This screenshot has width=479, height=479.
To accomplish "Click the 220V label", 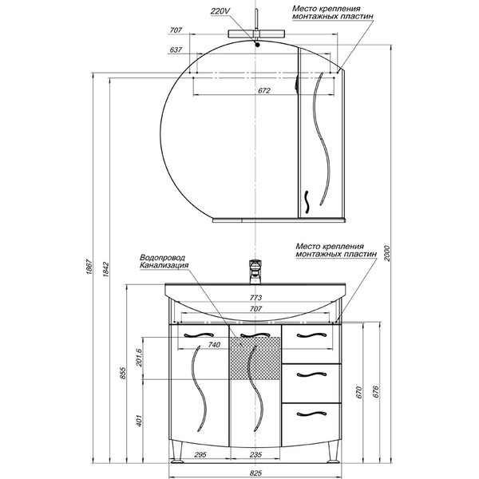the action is pyautogui.click(x=220, y=12).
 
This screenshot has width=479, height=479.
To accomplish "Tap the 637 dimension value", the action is pyautogui.click(x=176, y=49).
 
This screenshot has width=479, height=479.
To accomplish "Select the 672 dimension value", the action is pyautogui.click(x=264, y=90).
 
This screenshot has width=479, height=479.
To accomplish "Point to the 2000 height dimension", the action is pyautogui.click(x=386, y=253).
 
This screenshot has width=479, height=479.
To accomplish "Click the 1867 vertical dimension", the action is pyautogui.click(x=89, y=267).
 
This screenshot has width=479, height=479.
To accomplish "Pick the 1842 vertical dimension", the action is pyautogui.click(x=105, y=269).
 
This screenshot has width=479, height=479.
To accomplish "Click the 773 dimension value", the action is pyautogui.click(x=255, y=298).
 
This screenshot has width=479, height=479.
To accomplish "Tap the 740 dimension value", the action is pyautogui.click(x=214, y=345).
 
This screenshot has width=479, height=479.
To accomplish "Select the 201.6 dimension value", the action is pyautogui.click(x=139, y=357).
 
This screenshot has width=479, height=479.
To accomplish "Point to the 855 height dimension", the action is pyautogui.click(x=122, y=373).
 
